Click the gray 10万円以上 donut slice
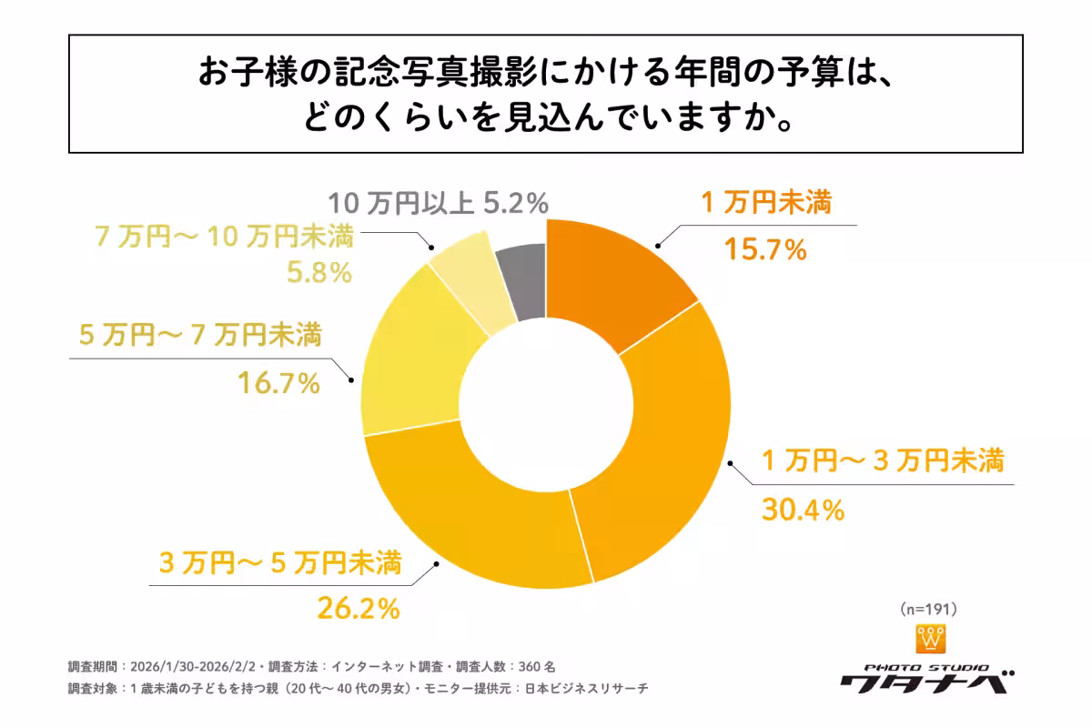523,283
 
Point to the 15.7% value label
765,248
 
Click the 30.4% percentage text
802,511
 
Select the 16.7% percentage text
278,383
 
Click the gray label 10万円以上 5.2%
438,202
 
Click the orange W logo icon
930,639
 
